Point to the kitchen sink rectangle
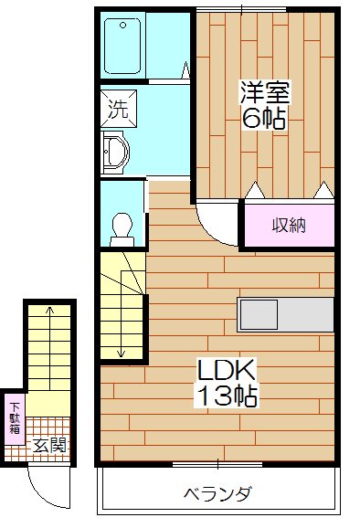[252, 314]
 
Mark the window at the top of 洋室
[241, 7]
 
